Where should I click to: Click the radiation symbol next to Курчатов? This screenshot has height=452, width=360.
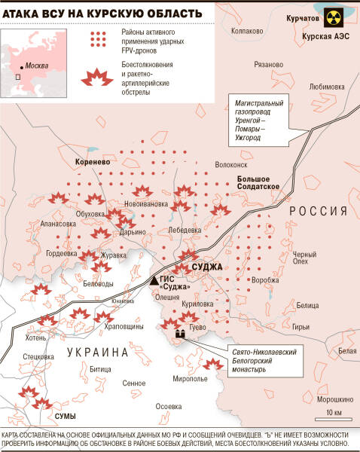coord(337,19)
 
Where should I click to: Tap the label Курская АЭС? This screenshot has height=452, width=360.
coord(324,36)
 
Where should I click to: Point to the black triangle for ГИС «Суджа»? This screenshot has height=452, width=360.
coord(154,279)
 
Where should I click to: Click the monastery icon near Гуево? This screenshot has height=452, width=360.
coord(180,332)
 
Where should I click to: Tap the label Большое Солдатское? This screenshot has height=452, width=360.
coord(259,182)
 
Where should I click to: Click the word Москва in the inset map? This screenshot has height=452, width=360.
coord(38,66)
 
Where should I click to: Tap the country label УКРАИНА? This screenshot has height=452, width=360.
coord(99,352)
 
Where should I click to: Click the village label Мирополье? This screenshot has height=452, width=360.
coord(189,378)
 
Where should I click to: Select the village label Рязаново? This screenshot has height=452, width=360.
coord(269,65)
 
